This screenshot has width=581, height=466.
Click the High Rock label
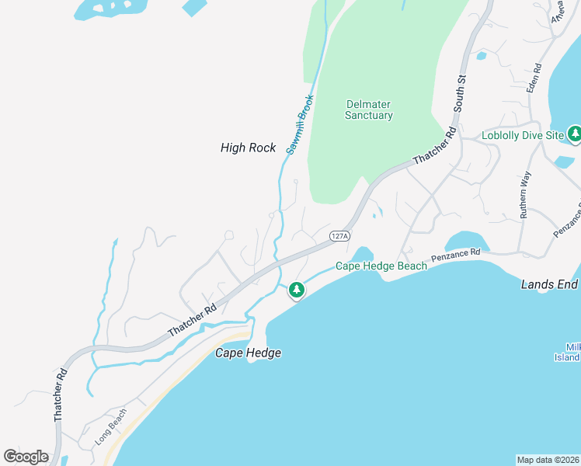(x=248, y=148)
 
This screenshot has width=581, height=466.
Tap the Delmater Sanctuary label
(x=369, y=110)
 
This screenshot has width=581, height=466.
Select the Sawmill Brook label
(x=298, y=124)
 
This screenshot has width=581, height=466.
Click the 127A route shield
(x=339, y=235)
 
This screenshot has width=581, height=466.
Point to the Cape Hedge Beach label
(x=381, y=266)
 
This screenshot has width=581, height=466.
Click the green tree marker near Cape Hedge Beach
(x=296, y=290)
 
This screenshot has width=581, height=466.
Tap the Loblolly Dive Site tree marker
(x=575, y=134)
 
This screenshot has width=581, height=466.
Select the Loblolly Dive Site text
(x=522, y=135)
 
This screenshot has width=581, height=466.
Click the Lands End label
(x=548, y=285)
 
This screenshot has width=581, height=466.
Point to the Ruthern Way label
(x=526, y=194)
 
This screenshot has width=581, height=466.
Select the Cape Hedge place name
(x=247, y=353)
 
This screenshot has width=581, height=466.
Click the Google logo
(x=26, y=457)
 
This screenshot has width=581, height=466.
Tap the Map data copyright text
(x=548, y=459)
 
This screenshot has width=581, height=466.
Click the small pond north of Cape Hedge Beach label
(x=362, y=255)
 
